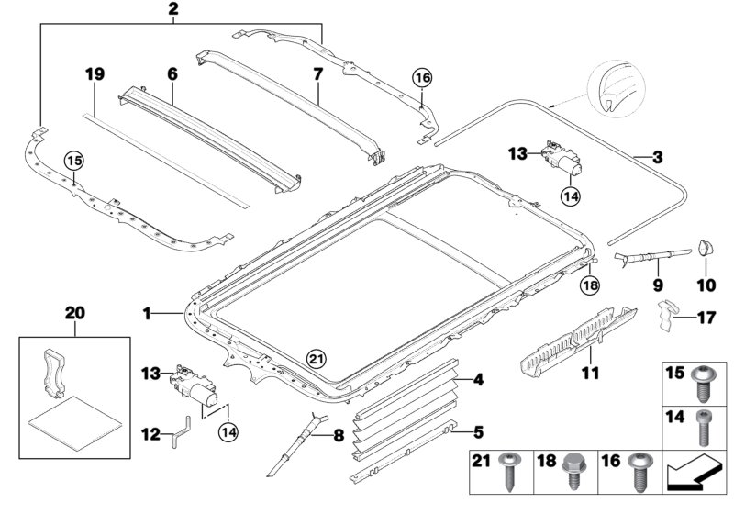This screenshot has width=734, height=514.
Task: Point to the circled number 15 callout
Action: tap(73, 162)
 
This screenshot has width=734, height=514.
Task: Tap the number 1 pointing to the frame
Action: tap(146, 314)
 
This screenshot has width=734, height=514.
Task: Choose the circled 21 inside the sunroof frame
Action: tap(316, 358)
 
